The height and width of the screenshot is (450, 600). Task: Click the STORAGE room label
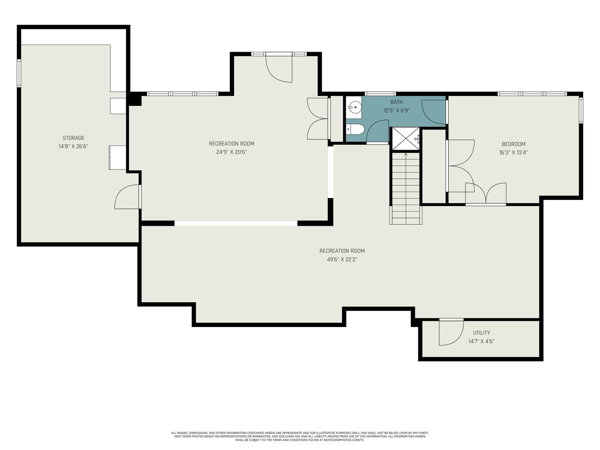[73, 138]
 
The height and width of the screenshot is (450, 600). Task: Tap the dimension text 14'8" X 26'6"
[73, 147]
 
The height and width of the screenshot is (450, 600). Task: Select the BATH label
[396, 102]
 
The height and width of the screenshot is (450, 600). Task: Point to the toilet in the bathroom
[355, 129]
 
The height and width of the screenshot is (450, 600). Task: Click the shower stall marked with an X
[406, 138]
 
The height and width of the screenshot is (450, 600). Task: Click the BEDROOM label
[513, 144]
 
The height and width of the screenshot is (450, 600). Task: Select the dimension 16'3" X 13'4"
[513, 153]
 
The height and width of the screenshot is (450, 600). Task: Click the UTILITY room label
[481, 333]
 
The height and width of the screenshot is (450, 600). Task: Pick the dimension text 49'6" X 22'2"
[342, 259]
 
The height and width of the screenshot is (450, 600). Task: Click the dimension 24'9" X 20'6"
[231, 152]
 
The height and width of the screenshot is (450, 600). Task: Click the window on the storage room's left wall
[19, 73]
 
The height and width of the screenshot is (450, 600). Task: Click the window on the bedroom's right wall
[581, 110]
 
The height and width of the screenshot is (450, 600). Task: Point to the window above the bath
[381, 94]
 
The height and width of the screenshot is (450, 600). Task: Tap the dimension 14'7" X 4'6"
[481, 341]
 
